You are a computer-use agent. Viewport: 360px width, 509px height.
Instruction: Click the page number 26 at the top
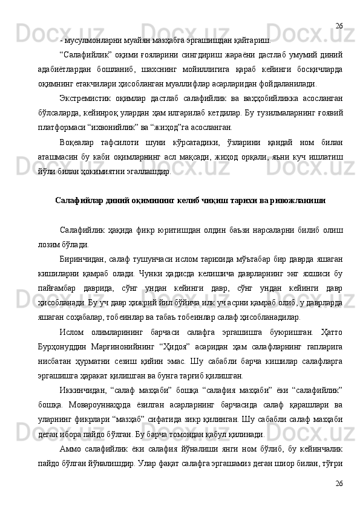click(x=339, y=26)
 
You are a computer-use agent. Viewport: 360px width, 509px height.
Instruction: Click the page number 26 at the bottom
click(x=339, y=484)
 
